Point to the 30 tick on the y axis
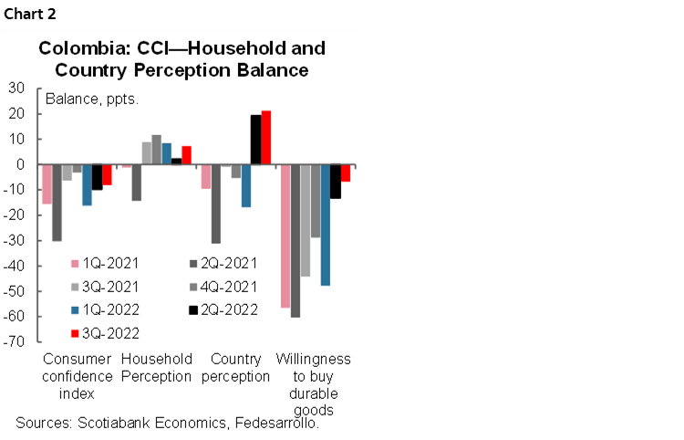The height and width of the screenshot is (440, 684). click(x=16, y=89)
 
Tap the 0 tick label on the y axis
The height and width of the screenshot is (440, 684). click(x=20, y=164)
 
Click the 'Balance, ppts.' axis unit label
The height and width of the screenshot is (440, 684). click(x=91, y=99)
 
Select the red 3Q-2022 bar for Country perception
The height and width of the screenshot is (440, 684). click(x=266, y=138)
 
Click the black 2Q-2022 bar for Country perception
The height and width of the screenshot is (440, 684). click(x=256, y=140)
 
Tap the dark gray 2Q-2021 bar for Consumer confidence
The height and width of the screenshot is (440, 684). click(x=57, y=203)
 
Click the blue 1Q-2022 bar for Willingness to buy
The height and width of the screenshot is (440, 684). click(x=326, y=225)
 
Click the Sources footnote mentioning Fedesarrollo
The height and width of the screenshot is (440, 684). click(x=167, y=423)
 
